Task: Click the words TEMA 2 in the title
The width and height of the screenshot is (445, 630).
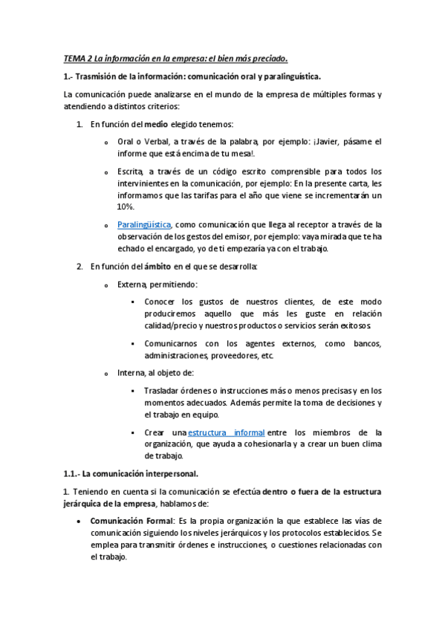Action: pyautogui.click(x=76, y=58)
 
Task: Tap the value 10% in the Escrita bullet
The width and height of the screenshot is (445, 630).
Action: pyautogui.click(x=126, y=207)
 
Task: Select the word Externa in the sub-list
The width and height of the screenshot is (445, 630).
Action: pyautogui.click(x=131, y=284)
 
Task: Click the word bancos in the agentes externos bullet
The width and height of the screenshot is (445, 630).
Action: pyautogui.click(x=366, y=343)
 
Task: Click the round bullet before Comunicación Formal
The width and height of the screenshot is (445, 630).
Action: pyautogui.click(x=79, y=522)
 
